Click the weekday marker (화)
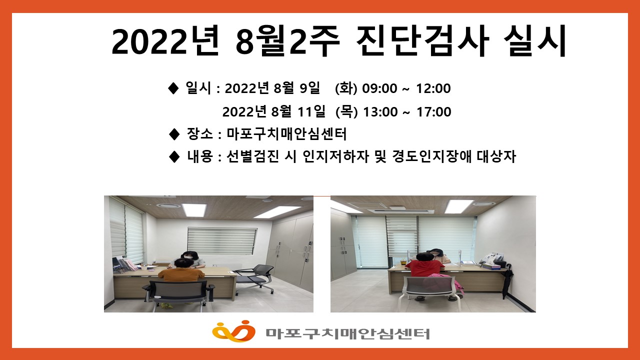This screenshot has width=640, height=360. [346, 88]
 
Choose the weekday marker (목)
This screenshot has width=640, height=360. [346, 111]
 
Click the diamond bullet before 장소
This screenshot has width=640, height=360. [174, 134]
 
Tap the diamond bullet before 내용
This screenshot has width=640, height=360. [174, 156]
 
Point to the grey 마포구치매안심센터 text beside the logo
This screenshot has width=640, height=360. [347, 333]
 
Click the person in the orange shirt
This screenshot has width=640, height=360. [181, 274]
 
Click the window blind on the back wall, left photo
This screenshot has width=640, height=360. [222, 240]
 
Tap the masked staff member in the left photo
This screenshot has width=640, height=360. [190, 259]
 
